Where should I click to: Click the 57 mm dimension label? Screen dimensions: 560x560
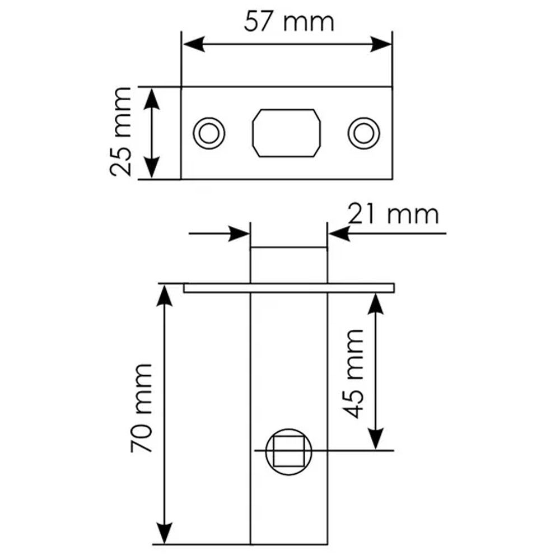click(289, 22)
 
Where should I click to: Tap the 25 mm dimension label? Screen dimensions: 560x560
click(121, 132)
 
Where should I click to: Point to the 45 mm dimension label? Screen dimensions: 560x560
click(353, 374)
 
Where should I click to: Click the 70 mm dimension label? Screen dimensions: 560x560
click(142, 408)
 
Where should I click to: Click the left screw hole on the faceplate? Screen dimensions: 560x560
click(209, 133)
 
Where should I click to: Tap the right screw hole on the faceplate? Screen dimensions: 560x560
click(363, 133)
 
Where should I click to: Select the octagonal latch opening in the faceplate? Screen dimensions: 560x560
click(286, 133)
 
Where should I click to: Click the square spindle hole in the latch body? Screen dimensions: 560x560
click(288, 452)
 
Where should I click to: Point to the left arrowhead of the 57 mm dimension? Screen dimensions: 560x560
click(194, 44)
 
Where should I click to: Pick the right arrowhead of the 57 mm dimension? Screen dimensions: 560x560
click(381, 44)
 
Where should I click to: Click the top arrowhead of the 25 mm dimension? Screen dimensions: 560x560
click(151, 99)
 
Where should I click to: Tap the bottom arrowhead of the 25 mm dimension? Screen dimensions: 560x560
click(151, 167)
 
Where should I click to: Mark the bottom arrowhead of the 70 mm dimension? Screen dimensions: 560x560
click(164, 533)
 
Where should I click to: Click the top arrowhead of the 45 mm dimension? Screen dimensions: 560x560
click(375, 304)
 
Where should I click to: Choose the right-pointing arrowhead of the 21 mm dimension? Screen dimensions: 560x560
click(239, 234)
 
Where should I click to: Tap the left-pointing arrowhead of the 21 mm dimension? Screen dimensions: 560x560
click(339, 234)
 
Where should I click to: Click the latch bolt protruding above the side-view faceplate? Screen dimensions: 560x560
click(288, 265)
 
